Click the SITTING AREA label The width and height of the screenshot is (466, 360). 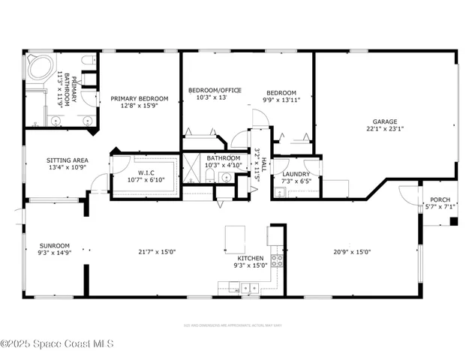click(68, 160)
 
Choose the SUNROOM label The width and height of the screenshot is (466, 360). click(55, 245)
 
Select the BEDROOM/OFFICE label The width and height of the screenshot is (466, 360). click(214, 90)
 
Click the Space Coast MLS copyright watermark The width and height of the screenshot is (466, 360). click(57, 343)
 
